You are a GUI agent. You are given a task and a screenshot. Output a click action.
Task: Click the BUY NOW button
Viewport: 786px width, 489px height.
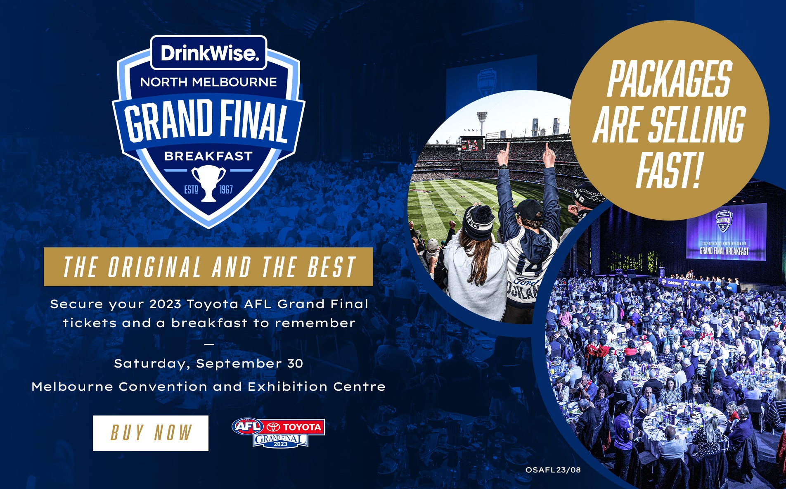(x=151, y=433)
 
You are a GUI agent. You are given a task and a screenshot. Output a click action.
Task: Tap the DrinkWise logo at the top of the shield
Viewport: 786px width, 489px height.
(x=209, y=53)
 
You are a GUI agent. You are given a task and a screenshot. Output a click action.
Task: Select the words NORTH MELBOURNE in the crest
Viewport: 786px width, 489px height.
(x=208, y=82)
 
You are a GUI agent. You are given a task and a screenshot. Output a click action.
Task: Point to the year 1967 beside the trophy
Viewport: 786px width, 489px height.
(x=226, y=190)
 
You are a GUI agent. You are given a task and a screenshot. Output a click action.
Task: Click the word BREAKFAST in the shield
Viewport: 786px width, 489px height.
(x=208, y=156)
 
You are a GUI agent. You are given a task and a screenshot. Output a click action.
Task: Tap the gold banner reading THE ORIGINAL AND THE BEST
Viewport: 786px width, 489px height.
(x=208, y=267)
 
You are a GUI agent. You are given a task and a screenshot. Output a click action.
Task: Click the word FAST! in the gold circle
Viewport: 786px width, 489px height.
(x=669, y=170)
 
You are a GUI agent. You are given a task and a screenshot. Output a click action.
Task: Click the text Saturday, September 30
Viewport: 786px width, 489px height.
(x=208, y=363)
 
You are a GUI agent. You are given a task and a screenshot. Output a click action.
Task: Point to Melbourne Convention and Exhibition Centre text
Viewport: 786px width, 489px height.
(x=208, y=387)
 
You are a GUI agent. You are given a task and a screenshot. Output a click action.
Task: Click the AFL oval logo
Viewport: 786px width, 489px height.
(x=248, y=426)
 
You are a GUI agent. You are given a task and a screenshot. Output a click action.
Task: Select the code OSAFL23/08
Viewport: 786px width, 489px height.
(x=553, y=470)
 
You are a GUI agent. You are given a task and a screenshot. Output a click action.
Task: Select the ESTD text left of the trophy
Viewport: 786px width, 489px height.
(x=191, y=190)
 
